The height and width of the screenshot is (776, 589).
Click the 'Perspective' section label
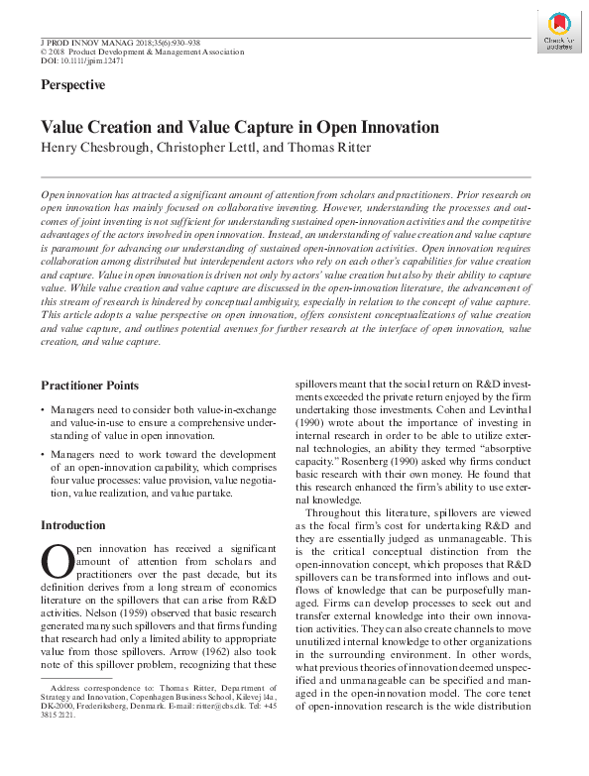[72, 85]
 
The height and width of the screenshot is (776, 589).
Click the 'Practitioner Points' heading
[89, 385]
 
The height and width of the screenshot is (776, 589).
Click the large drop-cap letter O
[54, 561]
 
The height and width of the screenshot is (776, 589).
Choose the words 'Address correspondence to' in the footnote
[99, 715]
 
